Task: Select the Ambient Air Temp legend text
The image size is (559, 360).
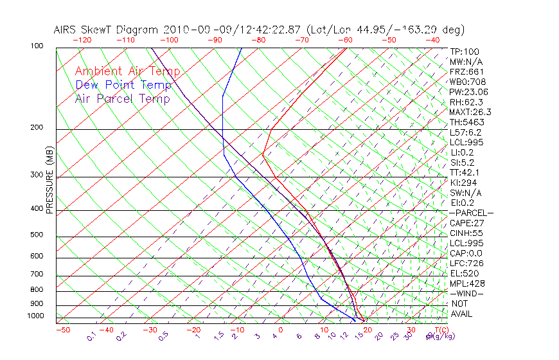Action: (127, 72)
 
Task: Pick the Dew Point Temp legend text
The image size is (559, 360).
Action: (123, 85)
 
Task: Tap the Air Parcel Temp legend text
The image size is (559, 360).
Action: (122, 99)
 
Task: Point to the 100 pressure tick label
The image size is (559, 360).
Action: (37, 46)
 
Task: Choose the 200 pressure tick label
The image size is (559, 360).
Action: (37, 128)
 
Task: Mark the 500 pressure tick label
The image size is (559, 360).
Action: (37, 235)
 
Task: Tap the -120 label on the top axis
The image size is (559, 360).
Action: (82, 40)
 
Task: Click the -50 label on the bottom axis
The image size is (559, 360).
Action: (62, 330)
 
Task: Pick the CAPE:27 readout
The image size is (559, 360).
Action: (466, 223)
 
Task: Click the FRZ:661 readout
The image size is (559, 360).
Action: (466, 72)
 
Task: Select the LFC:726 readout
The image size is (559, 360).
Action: (466, 263)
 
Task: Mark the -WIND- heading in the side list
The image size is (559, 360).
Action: (466, 293)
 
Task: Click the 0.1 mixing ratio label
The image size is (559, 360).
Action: (91, 336)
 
